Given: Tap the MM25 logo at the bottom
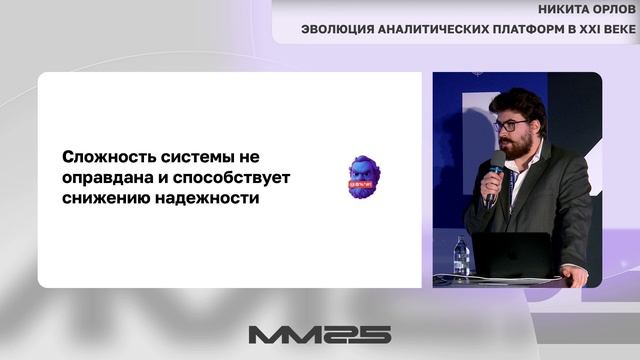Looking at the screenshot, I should [x=319, y=334].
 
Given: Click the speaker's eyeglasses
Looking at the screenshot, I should [x=513, y=126].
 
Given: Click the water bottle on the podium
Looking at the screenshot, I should [x=461, y=257].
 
